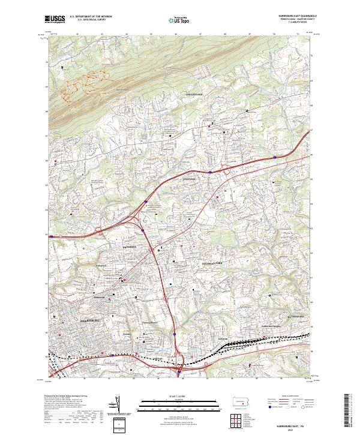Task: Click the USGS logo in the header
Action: (55, 19)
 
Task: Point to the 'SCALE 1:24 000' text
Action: (178, 395)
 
